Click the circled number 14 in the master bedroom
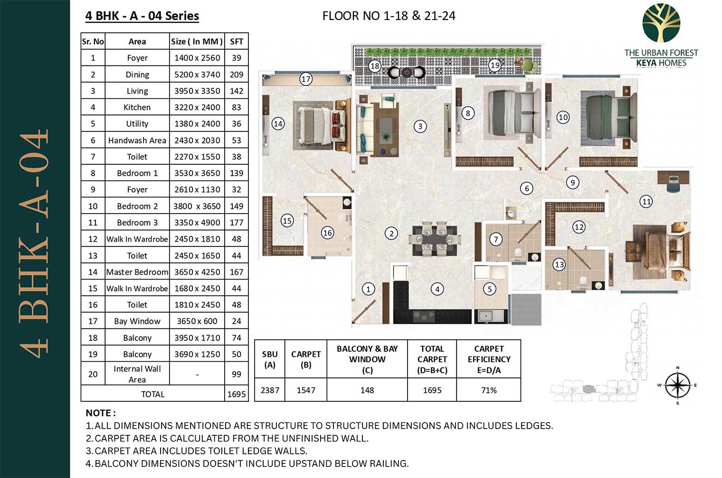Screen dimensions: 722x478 [278, 124]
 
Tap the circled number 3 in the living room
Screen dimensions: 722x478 [420, 126]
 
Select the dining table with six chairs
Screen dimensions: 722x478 [435, 239]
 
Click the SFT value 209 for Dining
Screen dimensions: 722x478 [236, 75]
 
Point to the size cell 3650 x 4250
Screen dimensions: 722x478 [197, 272]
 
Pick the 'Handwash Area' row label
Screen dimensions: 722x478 [137, 141]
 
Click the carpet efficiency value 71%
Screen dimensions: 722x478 [489, 390]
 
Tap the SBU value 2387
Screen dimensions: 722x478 [270, 390]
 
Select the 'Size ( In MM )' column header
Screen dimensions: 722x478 [197, 42]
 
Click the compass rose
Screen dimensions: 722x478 [677, 385]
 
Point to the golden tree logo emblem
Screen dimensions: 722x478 [661, 23]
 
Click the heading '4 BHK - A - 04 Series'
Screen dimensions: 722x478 [142, 16]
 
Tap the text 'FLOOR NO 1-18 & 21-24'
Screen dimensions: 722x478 [389, 16]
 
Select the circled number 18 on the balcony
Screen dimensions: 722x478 [374, 66]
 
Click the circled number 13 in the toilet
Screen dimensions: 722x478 [559, 265]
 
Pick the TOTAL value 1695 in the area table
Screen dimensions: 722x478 [236, 394]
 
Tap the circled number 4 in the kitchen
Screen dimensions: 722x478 [437, 289]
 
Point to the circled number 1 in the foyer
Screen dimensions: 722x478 [368, 289]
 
